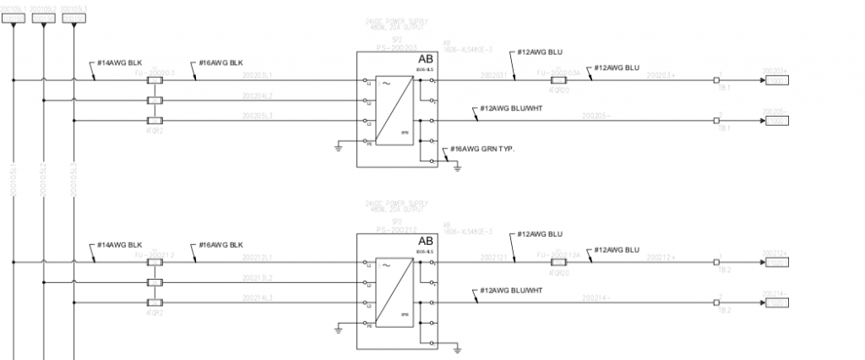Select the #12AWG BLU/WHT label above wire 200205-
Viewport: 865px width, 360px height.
[x=511, y=109]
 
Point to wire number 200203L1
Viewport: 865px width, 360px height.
[x=258, y=76]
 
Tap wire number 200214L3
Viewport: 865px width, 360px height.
[x=258, y=298]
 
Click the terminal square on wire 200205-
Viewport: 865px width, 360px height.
[x=717, y=121]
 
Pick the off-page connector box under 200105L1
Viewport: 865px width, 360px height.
[x=14, y=18]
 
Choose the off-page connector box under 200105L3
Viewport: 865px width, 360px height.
[x=73, y=18]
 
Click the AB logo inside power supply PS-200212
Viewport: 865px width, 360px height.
[x=424, y=241]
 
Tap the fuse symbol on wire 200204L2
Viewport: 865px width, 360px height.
[x=155, y=101]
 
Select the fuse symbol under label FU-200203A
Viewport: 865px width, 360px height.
[x=558, y=80]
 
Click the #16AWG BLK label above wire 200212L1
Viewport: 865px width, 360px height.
[x=221, y=246]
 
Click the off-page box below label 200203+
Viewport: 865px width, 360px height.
[x=776, y=80]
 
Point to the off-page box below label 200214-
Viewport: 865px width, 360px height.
[x=776, y=303]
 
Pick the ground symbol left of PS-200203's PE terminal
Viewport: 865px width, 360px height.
[x=338, y=148]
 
